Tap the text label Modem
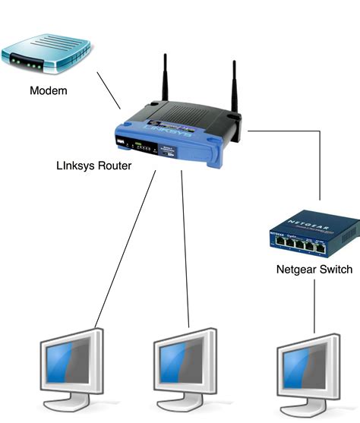(48, 92)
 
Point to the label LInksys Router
(93, 166)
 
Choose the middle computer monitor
(186, 360)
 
